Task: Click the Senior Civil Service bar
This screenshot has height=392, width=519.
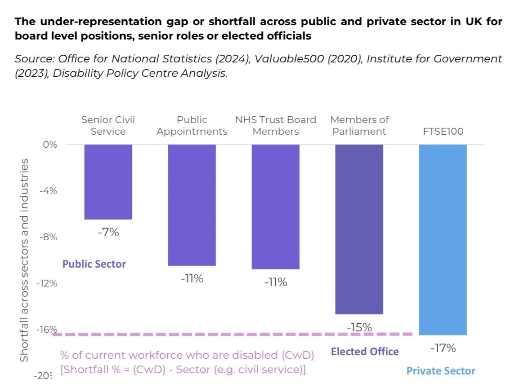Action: coord(108,182)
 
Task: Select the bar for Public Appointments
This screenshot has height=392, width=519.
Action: coord(192,205)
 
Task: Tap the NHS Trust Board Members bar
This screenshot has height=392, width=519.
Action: coord(275,207)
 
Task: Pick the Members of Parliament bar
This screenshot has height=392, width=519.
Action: coord(359,229)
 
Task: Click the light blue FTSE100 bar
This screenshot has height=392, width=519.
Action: coord(443,239)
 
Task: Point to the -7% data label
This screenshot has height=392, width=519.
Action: coord(108,233)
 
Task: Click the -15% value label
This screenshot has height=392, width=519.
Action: coord(359,327)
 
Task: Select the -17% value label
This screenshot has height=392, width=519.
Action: coord(443,348)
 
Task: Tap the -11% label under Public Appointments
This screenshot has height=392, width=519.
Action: coord(192,279)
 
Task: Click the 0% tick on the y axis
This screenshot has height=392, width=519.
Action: coord(50,145)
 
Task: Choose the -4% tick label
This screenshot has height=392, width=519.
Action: coord(49,191)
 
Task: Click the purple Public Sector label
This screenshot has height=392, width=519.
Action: coord(94,264)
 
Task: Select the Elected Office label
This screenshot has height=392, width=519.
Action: coord(365,352)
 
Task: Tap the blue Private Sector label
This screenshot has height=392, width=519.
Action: coord(441,371)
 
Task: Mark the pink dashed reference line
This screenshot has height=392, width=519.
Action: coord(225,334)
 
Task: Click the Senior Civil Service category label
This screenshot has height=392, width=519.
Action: coord(108,125)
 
